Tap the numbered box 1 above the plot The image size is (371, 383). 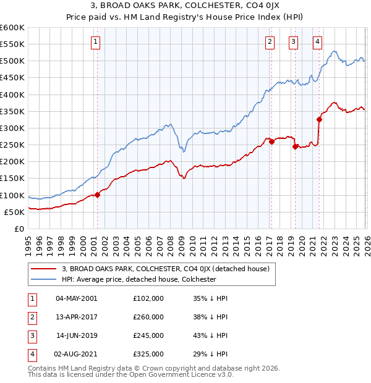(x=96, y=42)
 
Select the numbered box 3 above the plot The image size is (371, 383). (x=292, y=42)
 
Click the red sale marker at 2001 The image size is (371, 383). (x=97, y=195)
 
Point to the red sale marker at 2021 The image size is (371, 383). (x=320, y=119)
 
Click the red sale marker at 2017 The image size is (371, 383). (x=271, y=141)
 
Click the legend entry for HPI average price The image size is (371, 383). (x=139, y=279)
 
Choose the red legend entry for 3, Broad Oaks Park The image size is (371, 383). (x=165, y=269)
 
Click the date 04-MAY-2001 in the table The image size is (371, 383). (x=76, y=298)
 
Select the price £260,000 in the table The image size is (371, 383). (x=148, y=316)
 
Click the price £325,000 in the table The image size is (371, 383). (x=148, y=354)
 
